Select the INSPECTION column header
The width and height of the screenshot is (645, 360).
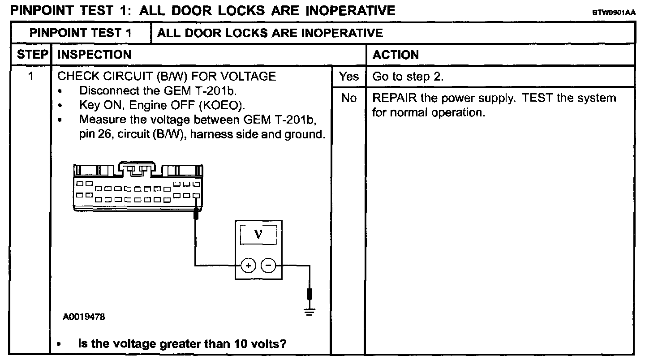[x=95, y=55]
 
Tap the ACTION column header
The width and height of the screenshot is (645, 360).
[x=396, y=55]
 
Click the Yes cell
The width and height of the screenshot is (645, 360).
[x=348, y=77]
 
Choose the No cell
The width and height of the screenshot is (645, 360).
[x=348, y=98]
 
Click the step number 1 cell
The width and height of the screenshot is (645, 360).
[x=30, y=77]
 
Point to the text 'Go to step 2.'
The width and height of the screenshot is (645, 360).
[x=408, y=77]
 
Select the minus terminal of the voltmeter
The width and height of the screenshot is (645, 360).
[x=268, y=265]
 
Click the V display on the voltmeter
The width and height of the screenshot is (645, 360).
[x=258, y=234]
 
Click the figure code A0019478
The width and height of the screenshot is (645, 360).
[x=84, y=317]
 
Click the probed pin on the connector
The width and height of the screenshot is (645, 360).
[x=196, y=196]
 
